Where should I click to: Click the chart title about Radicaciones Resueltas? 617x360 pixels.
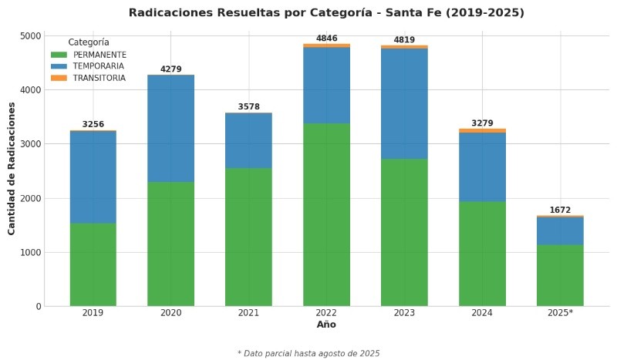326,13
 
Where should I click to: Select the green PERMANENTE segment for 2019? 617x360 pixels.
93,264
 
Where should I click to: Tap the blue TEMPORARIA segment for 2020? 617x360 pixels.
170,129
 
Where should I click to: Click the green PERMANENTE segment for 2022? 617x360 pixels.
326,214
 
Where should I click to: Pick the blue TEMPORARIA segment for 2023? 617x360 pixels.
404,103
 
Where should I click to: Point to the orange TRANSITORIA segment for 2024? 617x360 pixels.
482,131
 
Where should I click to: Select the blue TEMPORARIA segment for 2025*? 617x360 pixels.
560,230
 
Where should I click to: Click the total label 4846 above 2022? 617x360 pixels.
326,39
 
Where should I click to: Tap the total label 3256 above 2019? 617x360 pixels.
93,124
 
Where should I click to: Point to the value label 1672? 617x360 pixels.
560,210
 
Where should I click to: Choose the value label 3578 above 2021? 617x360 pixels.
248,107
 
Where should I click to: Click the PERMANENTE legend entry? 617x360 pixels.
99,55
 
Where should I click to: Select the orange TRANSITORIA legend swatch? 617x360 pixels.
59,78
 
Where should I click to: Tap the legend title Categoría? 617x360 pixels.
88,42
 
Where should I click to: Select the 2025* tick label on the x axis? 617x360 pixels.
560,313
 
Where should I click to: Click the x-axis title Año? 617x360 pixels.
326,325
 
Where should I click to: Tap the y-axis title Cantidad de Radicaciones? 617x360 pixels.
12,168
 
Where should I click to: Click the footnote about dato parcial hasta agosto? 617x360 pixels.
308,353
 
